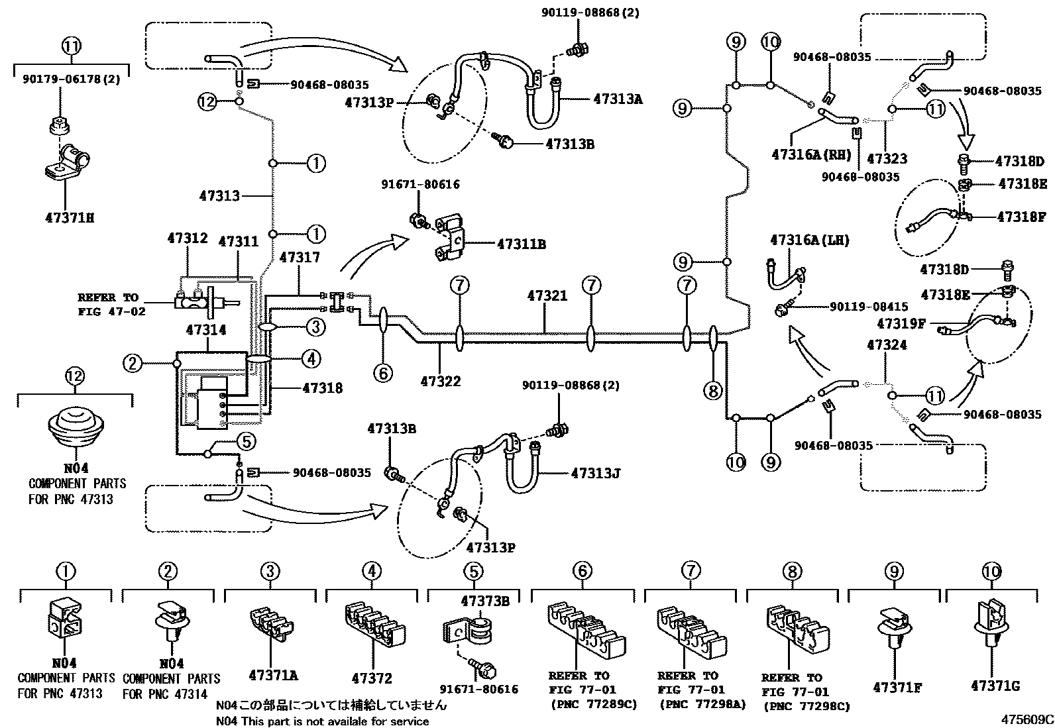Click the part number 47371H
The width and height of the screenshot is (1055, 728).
(70, 217)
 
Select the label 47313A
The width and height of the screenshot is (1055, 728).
(618, 99)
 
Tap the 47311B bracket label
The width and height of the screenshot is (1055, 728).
(522, 244)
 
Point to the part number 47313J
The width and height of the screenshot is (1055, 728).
(596, 473)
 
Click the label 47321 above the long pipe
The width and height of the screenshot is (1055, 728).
(547, 295)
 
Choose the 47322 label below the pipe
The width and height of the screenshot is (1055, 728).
(441, 381)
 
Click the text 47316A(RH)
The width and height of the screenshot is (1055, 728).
(812, 154)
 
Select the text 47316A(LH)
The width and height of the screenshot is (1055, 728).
(810, 240)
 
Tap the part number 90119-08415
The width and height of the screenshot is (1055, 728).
(869, 307)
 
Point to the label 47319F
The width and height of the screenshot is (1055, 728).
(901, 323)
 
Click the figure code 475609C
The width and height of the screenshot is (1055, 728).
(1027, 719)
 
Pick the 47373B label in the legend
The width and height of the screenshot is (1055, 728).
(485, 601)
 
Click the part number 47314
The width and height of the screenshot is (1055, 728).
(206, 330)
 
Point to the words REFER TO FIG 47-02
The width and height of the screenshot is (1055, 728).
(111, 304)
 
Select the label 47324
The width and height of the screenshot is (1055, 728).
(887, 345)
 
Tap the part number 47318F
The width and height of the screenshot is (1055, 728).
(1021, 217)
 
